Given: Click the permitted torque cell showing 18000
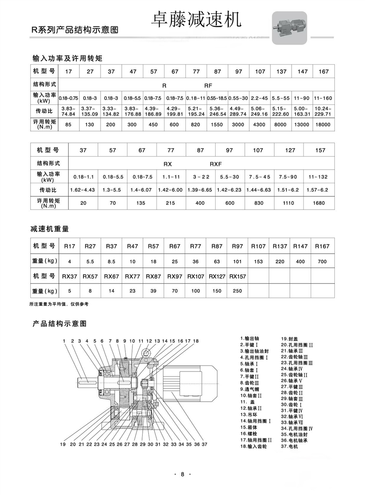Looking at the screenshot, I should (323, 125).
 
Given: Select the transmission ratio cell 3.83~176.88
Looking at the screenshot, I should (132, 111).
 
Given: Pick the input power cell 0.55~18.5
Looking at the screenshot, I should (217, 98).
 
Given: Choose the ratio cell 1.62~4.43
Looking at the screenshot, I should (83, 190).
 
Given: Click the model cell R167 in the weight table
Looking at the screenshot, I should (323, 246).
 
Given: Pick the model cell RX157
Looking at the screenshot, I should (238, 277).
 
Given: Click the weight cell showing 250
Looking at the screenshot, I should (238, 291).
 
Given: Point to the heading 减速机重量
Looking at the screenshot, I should (50, 229).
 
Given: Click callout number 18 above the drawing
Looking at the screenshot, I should (196, 341).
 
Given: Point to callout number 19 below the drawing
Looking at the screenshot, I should (63, 444).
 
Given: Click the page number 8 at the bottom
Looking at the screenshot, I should (182, 474).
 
